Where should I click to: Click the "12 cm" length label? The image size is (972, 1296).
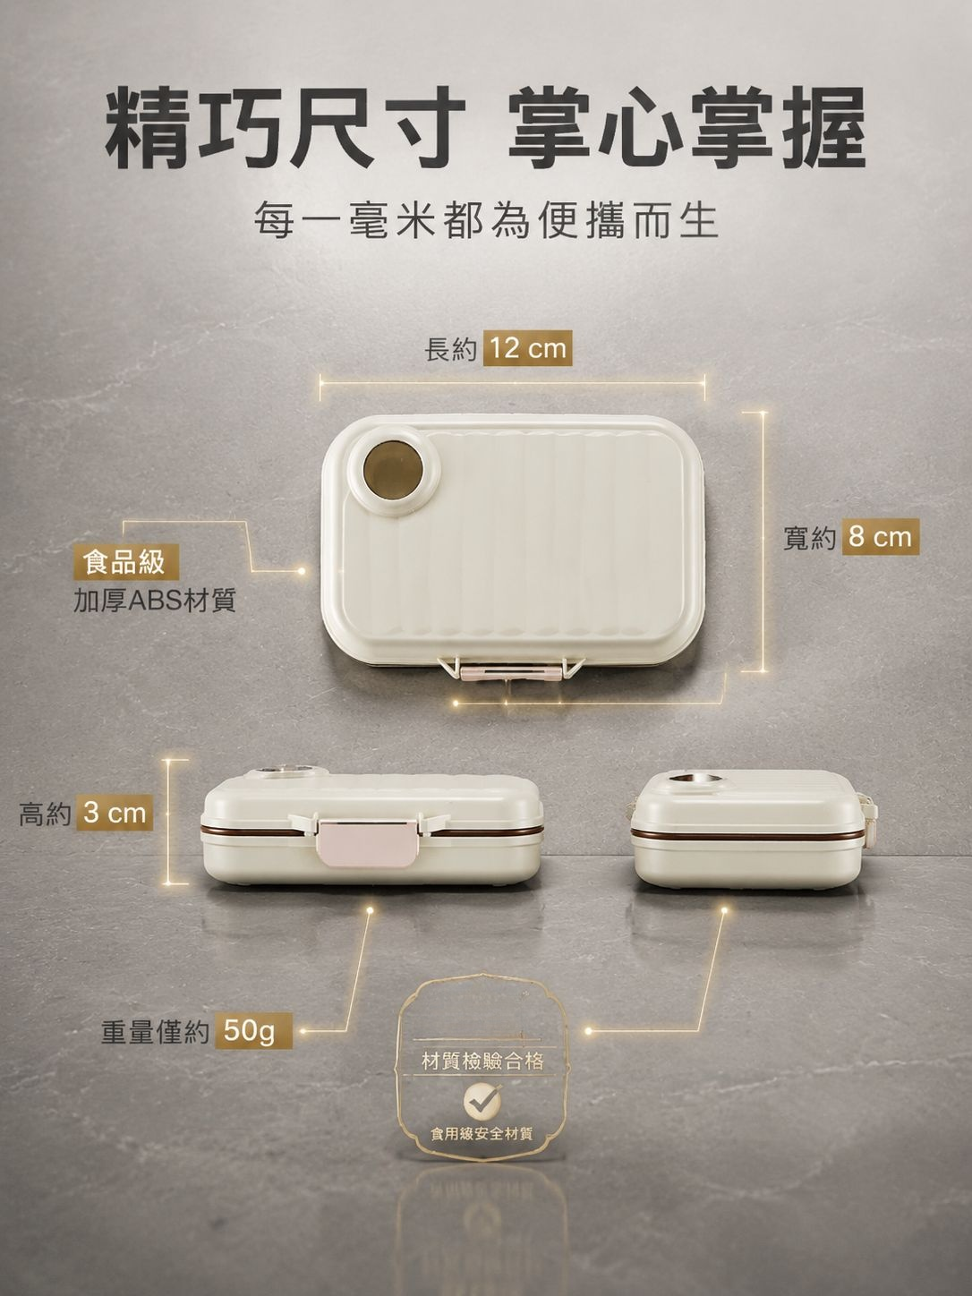coord(527,348)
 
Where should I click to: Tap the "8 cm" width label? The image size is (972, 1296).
coord(881,537)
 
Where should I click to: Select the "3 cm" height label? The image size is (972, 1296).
coord(115,813)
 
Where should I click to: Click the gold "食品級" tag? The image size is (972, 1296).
coord(125,562)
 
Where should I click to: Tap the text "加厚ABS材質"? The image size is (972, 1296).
coord(155,601)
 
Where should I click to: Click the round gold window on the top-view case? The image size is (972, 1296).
coord(392,470)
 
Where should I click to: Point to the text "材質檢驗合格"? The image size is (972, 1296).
coord(482,1062)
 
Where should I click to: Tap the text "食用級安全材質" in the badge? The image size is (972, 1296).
coord(482,1134)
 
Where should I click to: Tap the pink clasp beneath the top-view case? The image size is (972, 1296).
coord(510,671)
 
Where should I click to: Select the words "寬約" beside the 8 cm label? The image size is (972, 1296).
coord(809,538)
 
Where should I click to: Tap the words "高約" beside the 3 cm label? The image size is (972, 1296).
coord(44,813)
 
